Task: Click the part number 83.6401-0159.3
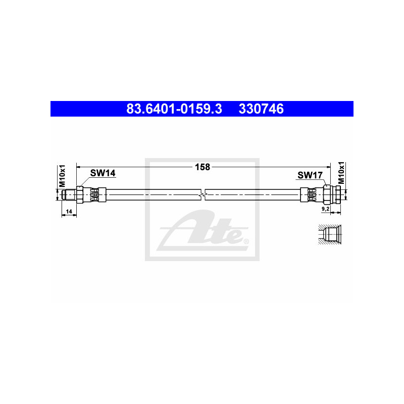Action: (x=174, y=109)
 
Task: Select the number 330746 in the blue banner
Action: (x=261, y=109)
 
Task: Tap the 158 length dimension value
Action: (x=203, y=167)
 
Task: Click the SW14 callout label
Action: (x=103, y=173)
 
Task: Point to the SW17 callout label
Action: (x=310, y=175)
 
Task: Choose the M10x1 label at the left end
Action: (x=62, y=176)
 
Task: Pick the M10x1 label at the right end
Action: (x=341, y=173)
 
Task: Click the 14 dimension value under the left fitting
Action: (x=69, y=212)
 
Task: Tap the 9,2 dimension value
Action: (x=325, y=209)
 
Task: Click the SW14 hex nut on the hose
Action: (x=79, y=194)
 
